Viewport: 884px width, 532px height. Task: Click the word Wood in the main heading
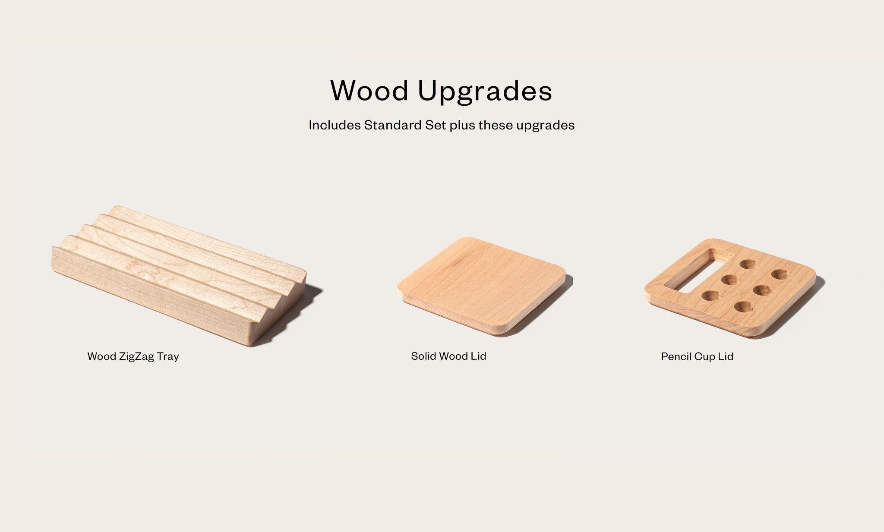pyautogui.click(x=369, y=91)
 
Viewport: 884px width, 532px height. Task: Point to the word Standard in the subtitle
pyautogui.click(x=391, y=125)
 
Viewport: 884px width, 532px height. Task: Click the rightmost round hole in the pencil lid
pyautogui.click(x=780, y=274)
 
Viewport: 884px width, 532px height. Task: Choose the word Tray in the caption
pyautogui.click(x=168, y=356)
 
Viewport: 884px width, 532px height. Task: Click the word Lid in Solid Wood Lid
pyautogui.click(x=479, y=356)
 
